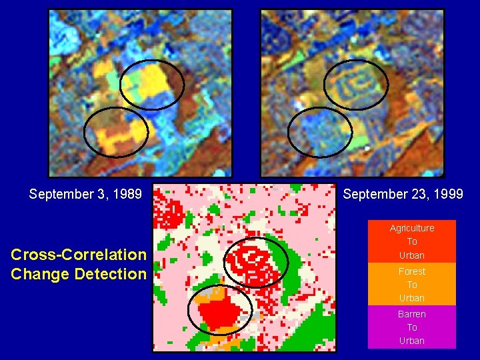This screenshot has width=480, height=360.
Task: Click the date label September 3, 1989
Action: click(85, 194)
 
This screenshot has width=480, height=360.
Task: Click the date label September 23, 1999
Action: click(403, 194)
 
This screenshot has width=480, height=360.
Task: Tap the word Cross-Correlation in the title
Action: click(79, 255)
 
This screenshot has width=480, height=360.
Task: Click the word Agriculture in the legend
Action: click(412, 228)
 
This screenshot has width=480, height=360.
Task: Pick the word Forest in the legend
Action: click(412, 271)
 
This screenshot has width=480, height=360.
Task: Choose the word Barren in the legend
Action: click(412, 314)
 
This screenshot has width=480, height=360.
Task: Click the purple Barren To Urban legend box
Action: click(412, 327)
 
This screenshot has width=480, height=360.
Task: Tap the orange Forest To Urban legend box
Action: click(412, 284)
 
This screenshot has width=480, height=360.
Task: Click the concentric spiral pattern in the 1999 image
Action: click(353, 83)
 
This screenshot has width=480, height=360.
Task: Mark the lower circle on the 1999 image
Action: click(320, 132)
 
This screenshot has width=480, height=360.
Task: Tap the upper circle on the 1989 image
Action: click(152, 85)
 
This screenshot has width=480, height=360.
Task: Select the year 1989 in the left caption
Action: click(128, 194)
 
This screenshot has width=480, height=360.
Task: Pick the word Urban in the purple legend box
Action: click(412, 341)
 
